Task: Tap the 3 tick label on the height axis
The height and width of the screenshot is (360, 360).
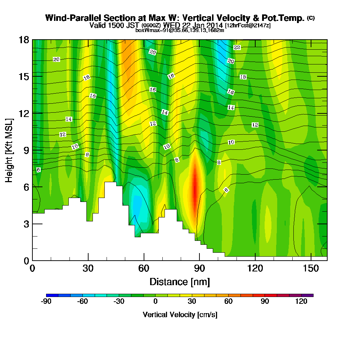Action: click(x=26, y=224)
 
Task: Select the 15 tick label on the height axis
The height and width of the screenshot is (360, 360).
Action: click(x=24, y=76)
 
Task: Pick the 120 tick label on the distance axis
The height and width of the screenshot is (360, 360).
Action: click(x=255, y=268)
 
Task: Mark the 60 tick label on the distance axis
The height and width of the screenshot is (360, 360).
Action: click(x=144, y=268)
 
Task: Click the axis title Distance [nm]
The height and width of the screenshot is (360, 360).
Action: click(x=180, y=282)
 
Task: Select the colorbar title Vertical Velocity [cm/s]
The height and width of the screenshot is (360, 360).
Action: click(x=180, y=315)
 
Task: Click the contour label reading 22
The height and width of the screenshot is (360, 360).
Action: click(x=237, y=48)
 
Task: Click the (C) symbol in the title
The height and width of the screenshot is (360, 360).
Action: click(x=311, y=18)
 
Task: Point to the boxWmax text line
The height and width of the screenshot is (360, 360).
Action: click(x=180, y=30)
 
